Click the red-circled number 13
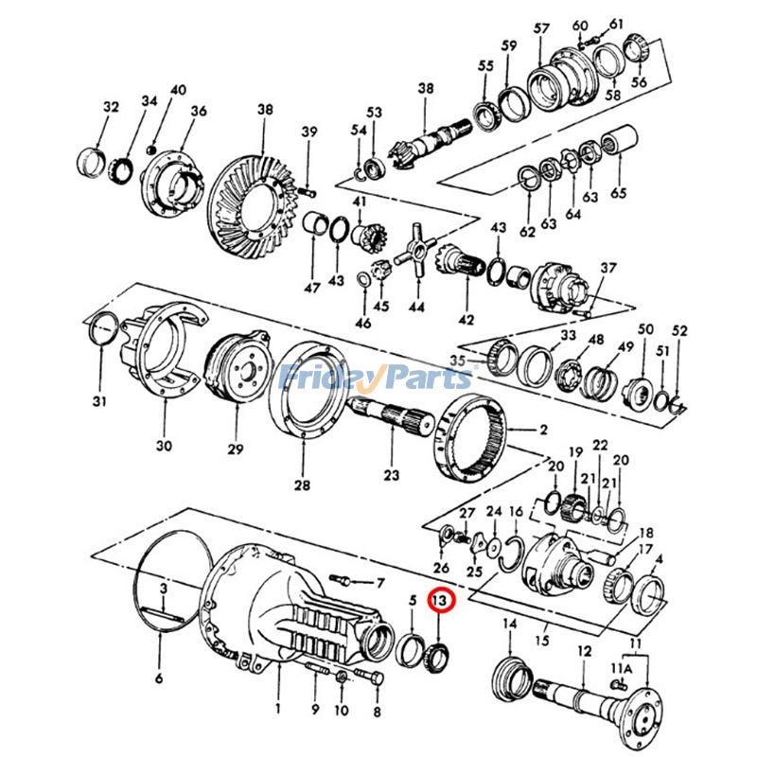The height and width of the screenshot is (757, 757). [x=440, y=600]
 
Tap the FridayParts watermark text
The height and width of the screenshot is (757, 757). [x=376, y=378]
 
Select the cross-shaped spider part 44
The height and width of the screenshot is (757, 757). [x=415, y=251]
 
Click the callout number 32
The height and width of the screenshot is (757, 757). [x=111, y=107]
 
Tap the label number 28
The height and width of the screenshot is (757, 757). [x=302, y=485]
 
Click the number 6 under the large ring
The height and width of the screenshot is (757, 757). [x=159, y=678]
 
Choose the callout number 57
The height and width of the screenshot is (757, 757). [x=541, y=29]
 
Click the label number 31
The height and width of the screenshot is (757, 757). [x=99, y=402]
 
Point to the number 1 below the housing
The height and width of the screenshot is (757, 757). [x=277, y=708]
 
